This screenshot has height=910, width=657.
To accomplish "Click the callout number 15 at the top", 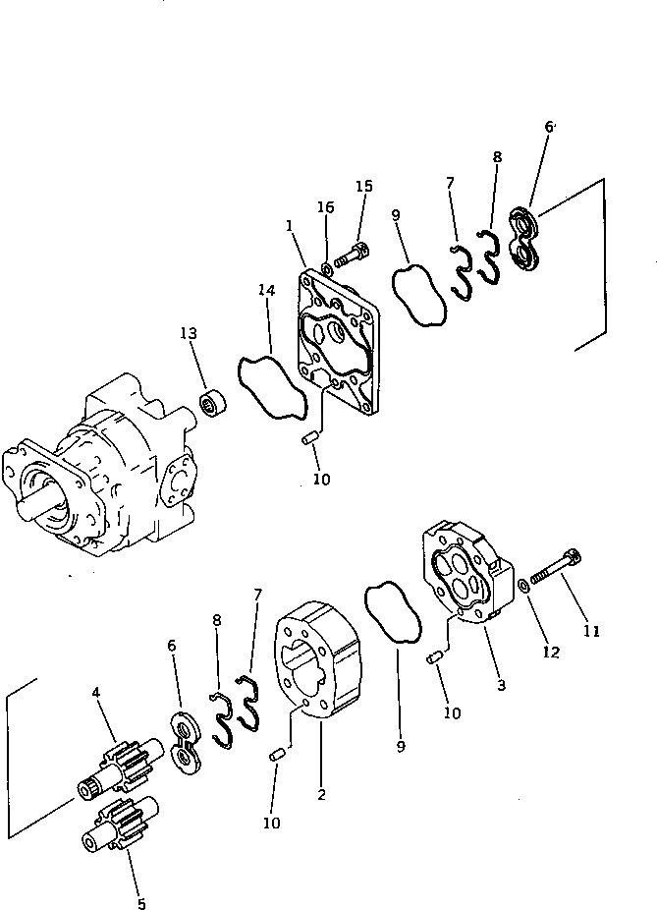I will click(x=364, y=187).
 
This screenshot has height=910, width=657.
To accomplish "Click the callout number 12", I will click(x=552, y=652).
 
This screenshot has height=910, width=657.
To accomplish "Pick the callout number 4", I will click(x=96, y=694).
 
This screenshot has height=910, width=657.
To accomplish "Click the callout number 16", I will click(x=325, y=207).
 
